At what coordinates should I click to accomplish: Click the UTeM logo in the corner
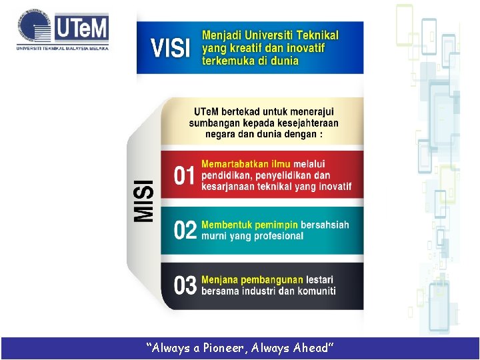pos(63,30)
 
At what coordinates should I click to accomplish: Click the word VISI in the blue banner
pos(171,48)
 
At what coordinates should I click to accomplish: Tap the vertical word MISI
pos(143,201)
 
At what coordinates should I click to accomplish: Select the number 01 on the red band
pos(184,176)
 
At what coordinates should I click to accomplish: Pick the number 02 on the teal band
pos(185,231)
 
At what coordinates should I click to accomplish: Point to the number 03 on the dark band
pos(185,285)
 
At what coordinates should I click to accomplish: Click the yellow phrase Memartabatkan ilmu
pos(246,164)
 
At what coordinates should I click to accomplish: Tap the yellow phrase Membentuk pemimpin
pos(249,225)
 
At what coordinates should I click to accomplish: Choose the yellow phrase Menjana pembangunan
pos(252,279)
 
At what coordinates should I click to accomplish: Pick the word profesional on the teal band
pos(275,236)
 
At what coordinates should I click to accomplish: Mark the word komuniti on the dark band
pos(314,291)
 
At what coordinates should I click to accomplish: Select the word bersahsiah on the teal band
pos(325,225)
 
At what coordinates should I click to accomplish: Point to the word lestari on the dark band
pos(319,279)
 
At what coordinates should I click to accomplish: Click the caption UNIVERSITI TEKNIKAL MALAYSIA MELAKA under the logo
pos(63,48)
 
